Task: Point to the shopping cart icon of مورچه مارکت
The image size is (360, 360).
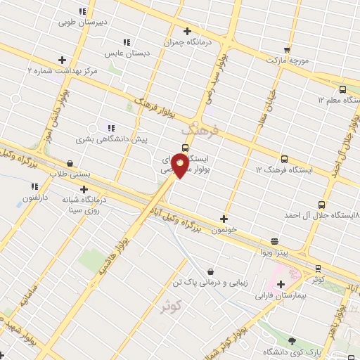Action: coord(287,49)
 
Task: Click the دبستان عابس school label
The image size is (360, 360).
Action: coord(124,53)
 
